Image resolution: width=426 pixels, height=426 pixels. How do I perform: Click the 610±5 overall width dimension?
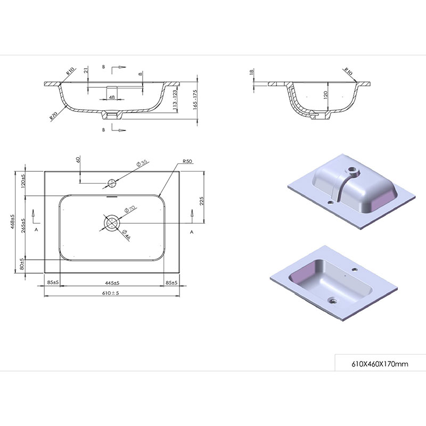click(111, 293)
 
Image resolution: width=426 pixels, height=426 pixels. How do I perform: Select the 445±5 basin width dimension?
click(112, 283)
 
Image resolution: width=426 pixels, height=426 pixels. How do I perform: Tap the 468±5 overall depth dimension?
click(12, 222)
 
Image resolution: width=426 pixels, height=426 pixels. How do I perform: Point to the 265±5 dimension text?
click(23, 225)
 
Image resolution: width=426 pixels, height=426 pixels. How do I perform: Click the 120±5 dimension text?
click(23, 182)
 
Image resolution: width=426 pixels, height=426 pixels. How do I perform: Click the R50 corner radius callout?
click(187, 161)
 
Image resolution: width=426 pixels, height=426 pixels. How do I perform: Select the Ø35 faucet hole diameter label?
click(142, 163)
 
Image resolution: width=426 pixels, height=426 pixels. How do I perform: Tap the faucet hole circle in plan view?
click(112, 183)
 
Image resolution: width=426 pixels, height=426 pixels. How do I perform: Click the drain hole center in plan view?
click(111, 222)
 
